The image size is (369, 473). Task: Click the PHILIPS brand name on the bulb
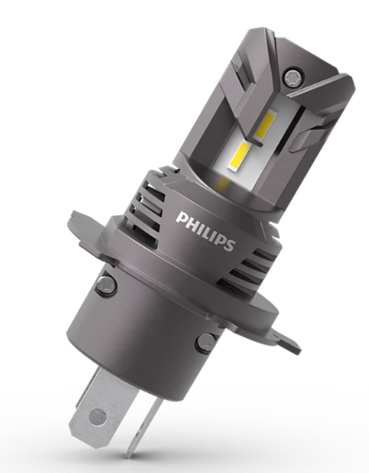coord(205,230)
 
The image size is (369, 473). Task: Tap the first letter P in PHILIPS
coord(181,217)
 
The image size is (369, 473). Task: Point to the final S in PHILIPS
coord(229,245)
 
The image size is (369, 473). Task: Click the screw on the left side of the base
coord(106,284)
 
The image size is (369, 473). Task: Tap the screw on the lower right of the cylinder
coord(206,342)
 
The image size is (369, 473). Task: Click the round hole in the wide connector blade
coord(97,416)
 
